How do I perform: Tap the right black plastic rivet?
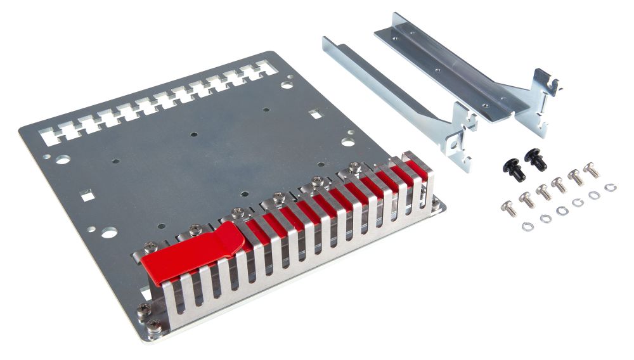pos(536,158)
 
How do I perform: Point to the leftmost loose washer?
pos(526,226)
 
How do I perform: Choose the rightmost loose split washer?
pos(611,188)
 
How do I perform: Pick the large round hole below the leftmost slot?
pos(62,160)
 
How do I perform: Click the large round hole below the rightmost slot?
pos(288,83)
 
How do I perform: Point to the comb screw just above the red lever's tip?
pos(237,214)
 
